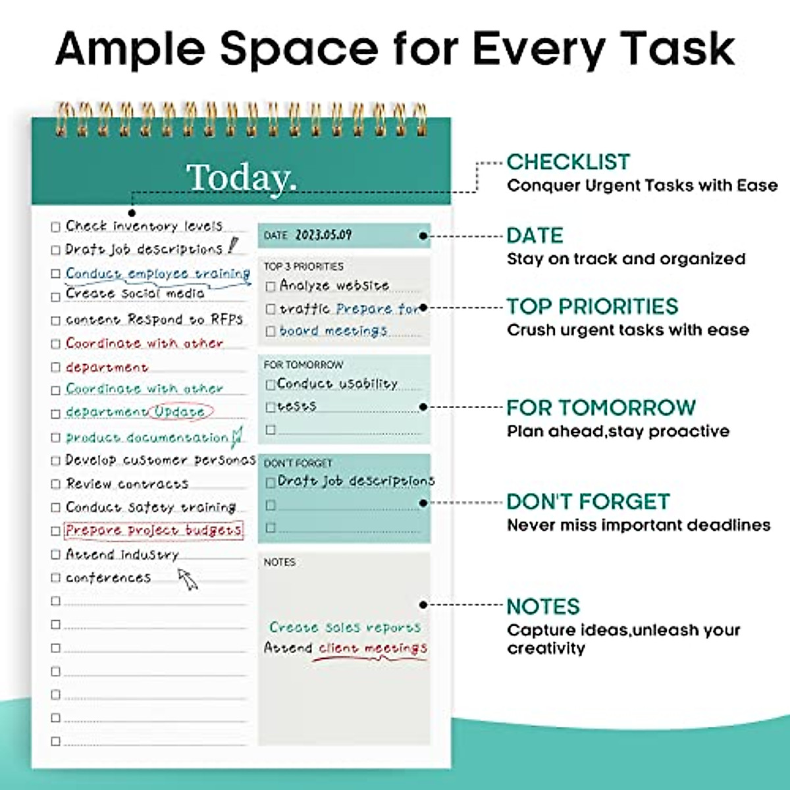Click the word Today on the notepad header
241,178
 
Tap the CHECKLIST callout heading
568,162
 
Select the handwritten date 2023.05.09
323,235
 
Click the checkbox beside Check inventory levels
56,227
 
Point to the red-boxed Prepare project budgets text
153,531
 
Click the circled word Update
180,411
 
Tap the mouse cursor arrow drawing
188,579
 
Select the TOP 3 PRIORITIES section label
303,267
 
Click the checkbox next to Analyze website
271,287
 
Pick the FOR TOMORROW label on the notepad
303,365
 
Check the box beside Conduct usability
270,384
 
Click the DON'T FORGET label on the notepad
298,463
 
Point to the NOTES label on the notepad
280,562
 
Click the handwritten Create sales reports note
344,627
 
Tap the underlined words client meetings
373,648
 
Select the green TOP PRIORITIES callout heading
592,307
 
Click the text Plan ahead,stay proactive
618,432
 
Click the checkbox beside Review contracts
56,485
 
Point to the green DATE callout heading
535,236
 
